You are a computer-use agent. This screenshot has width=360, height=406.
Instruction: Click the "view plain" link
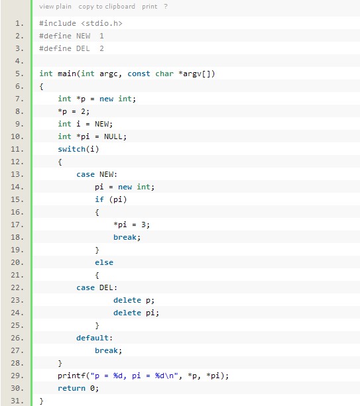tap(55, 7)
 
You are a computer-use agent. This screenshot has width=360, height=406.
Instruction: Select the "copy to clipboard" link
tap(107, 7)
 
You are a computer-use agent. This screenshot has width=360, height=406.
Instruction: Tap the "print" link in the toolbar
tap(150, 7)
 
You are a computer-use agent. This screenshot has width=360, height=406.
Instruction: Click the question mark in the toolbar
tap(166, 7)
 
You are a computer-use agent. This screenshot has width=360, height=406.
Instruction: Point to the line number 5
tap(19, 74)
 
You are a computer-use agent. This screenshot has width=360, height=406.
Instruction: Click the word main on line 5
tap(67, 74)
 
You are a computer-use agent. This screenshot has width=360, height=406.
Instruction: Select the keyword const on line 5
tap(139, 74)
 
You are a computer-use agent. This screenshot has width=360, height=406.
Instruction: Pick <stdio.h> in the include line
tap(101, 23)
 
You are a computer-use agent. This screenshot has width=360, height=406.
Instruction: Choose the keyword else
tap(104, 262)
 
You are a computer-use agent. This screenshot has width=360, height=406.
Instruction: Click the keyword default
tap(92, 338)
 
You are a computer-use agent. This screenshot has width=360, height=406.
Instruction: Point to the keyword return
tap(72, 388)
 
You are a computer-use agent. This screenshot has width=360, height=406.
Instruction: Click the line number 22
tap(17, 287)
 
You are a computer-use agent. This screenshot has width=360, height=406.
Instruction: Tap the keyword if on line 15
tap(99, 199)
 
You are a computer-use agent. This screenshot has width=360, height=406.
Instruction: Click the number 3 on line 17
tap(143, 225)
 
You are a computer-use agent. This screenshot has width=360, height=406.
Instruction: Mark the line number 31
tap(17, 401)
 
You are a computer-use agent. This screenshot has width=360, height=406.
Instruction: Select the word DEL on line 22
tap(106, 287)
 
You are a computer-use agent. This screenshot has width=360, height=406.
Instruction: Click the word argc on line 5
tap(109, 74)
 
